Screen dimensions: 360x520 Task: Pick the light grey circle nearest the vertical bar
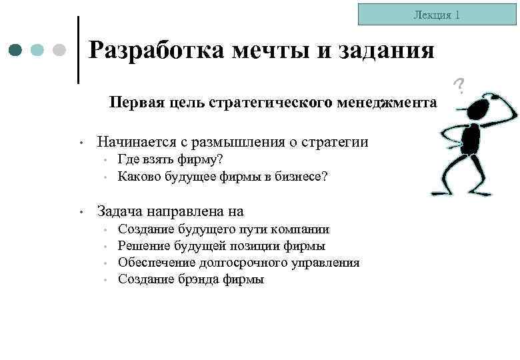pos(59,50)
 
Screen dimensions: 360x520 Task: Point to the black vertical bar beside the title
pos(79,50)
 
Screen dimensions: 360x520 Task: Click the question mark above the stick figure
pos(459,85)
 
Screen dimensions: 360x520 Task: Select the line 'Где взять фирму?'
pos(170,160)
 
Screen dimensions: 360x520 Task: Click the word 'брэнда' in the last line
pos(203,279)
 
